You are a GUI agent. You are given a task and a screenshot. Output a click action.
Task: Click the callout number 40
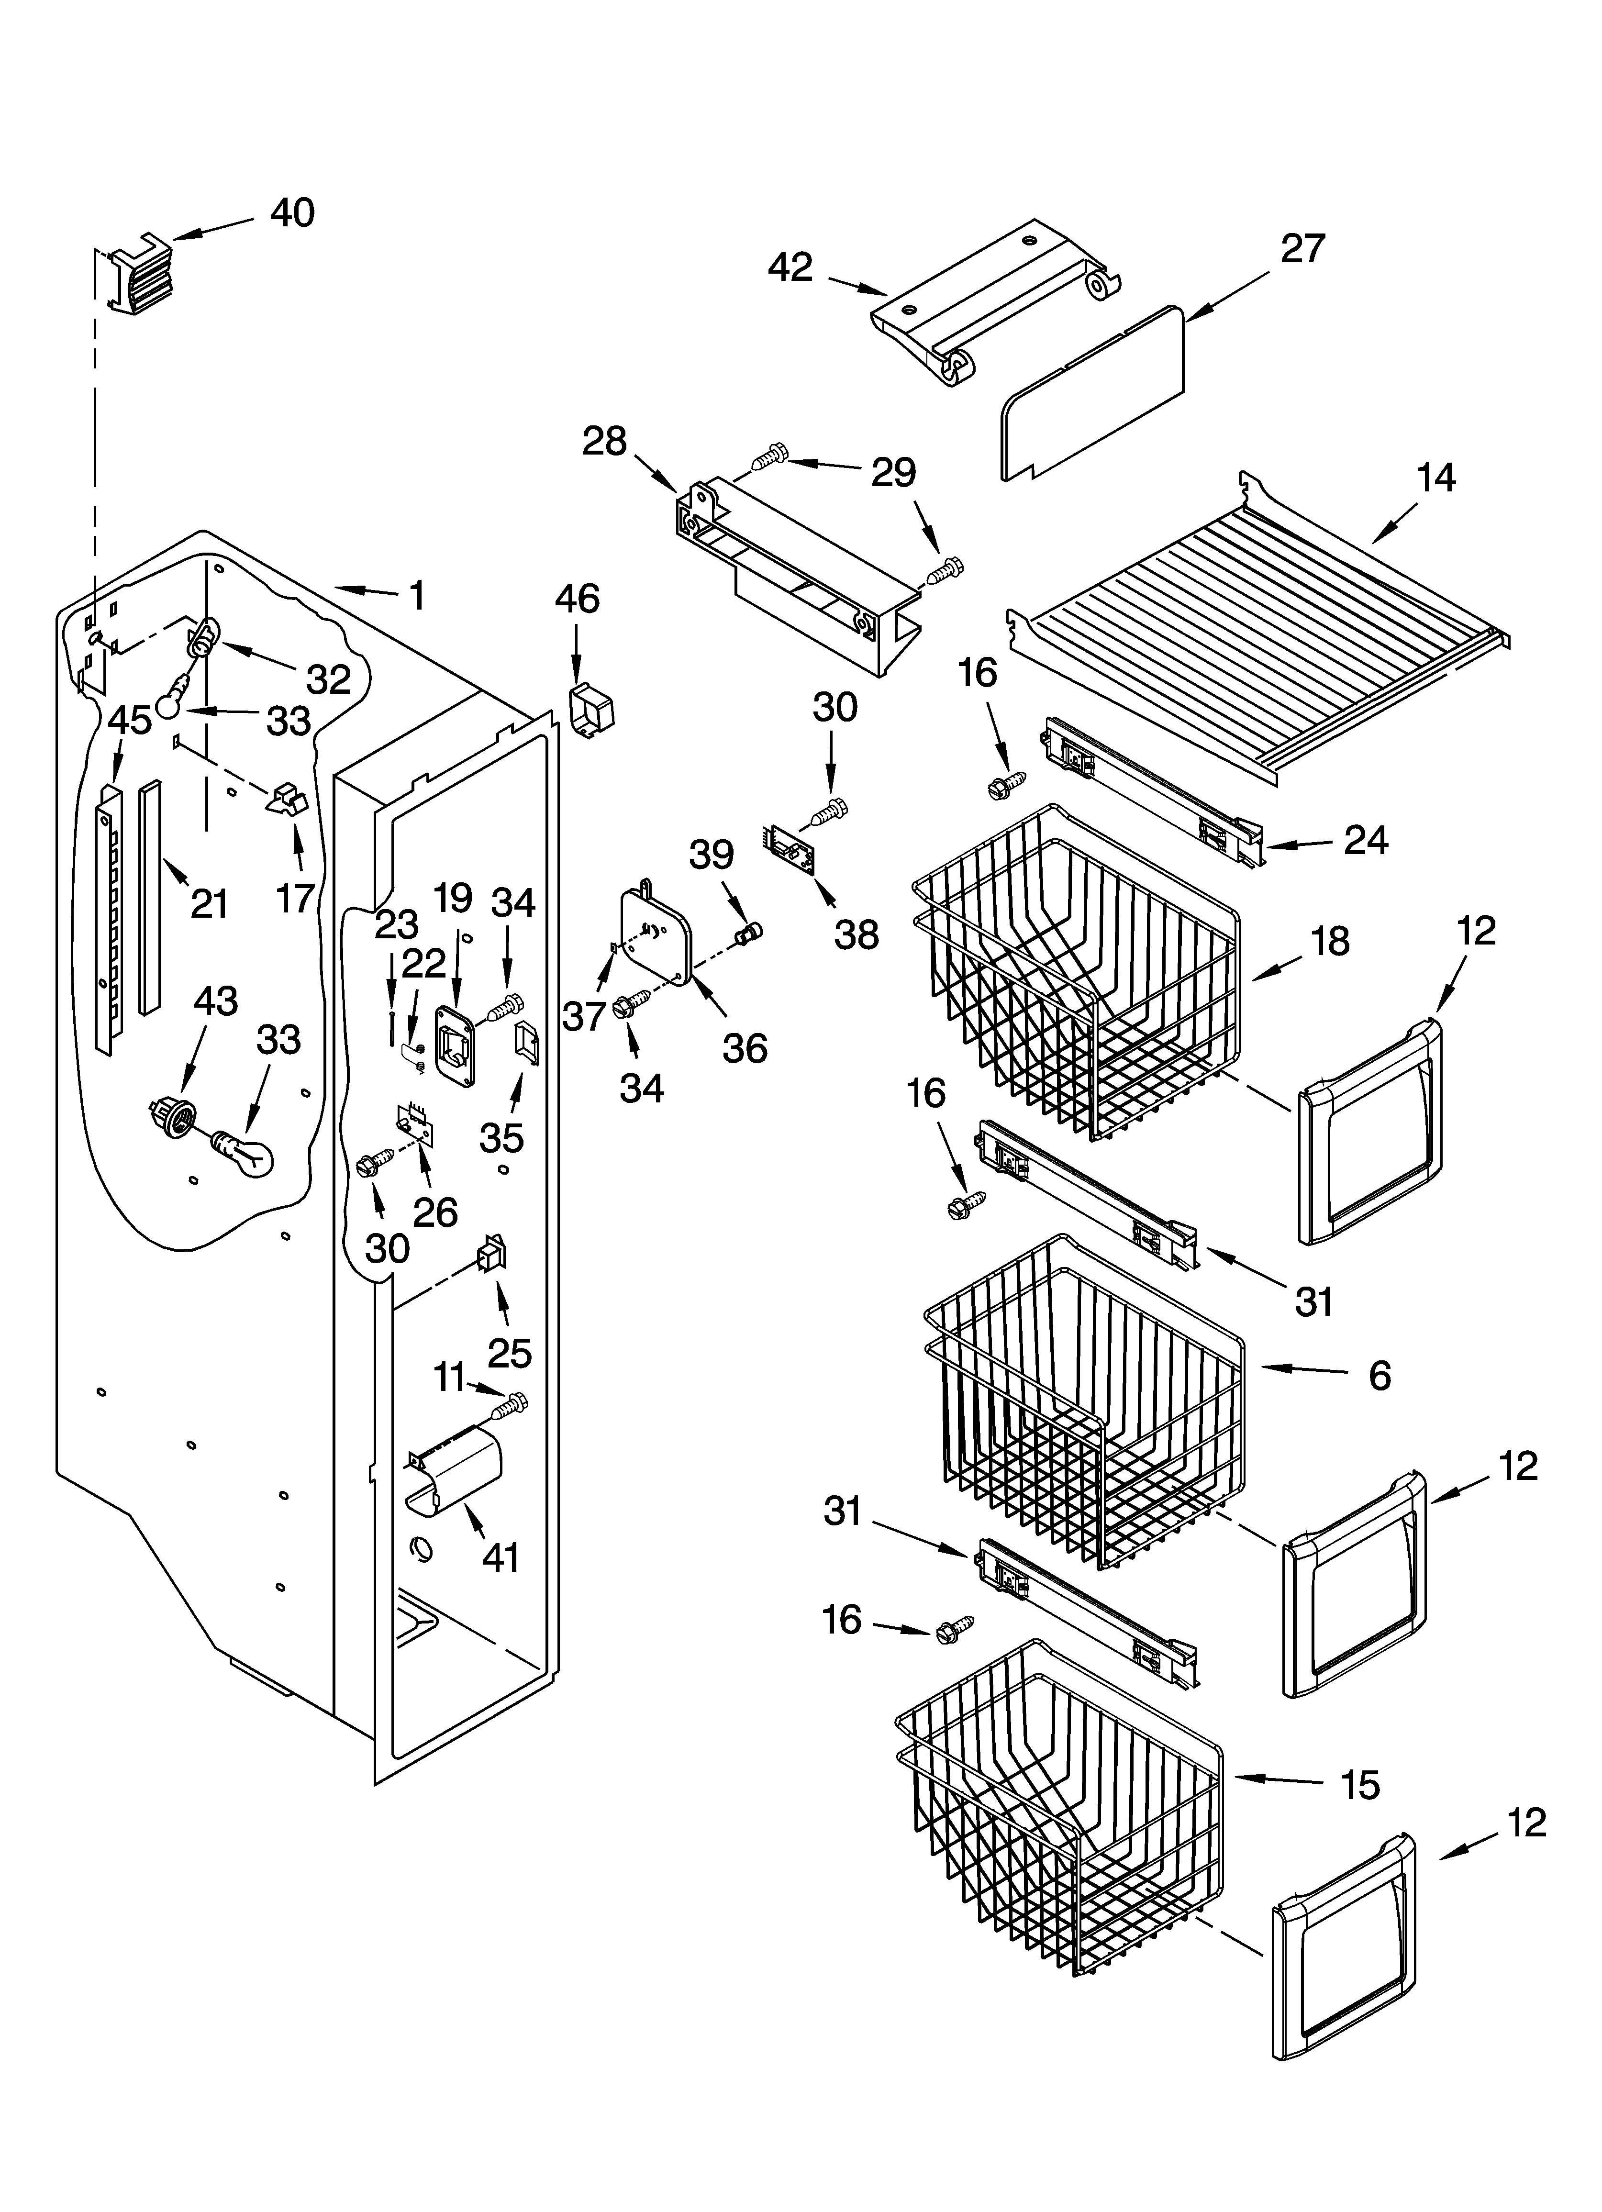(x=292, y=212)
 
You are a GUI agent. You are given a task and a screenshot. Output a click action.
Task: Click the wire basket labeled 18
(x=1073, y=975)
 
